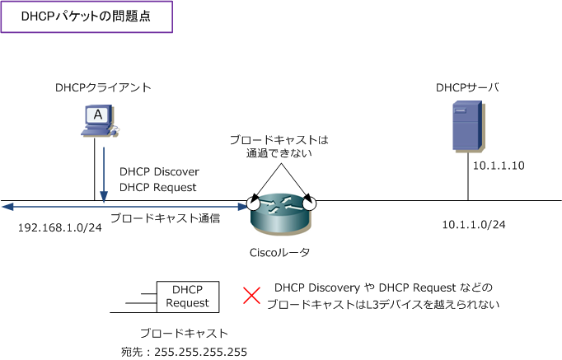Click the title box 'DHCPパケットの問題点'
tap(87, 16)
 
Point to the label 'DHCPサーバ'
tap(467, 87)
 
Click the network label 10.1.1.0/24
tap(474, 224)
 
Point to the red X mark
tap(251, 296)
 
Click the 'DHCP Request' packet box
tap(187, 297)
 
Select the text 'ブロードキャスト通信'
tap(165, 218)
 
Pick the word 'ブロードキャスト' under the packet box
tap(184, 333)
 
